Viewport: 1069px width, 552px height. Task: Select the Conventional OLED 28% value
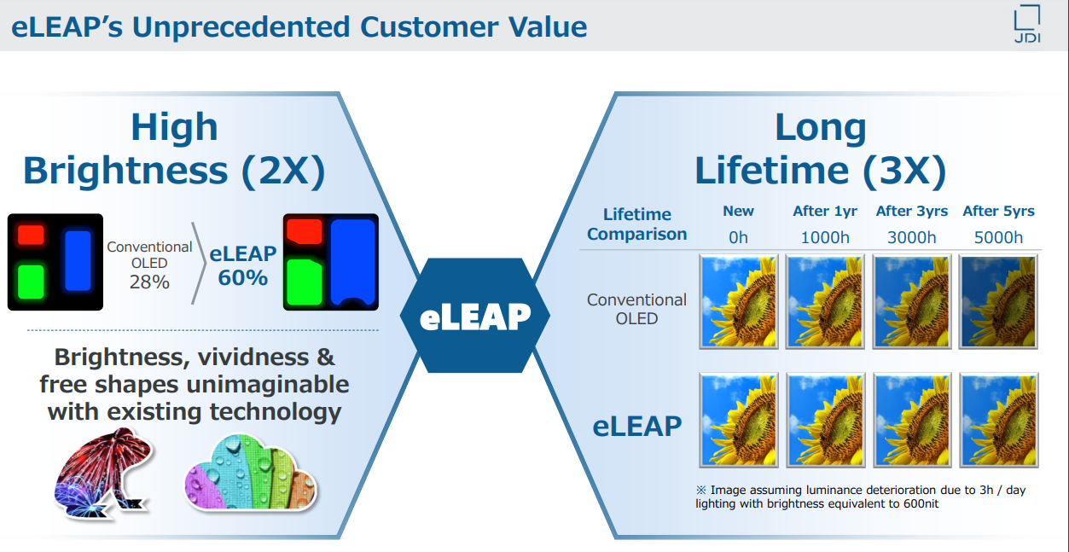[149, 282]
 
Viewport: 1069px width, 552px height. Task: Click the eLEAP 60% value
[243, 278]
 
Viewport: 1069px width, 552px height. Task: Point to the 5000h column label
[998, 237]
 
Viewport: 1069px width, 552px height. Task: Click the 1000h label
[825, 237]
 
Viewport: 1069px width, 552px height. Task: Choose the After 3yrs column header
[912, 211]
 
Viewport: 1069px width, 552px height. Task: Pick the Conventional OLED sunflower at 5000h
[999, 301]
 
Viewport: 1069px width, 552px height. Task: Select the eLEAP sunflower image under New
[739, 420]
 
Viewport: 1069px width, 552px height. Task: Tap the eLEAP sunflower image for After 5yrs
[999, 420]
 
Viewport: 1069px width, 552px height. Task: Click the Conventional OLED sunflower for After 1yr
[825, 301]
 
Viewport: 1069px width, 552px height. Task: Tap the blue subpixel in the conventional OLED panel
[77, 259]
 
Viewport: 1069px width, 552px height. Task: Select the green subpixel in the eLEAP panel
[304, 282]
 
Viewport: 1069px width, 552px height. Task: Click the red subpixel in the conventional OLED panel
[31, 235]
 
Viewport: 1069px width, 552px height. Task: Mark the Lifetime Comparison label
[636, 224]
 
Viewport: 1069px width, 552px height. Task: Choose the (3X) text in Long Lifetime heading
[903, 170]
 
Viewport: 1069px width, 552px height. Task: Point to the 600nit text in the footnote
[914, 504]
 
